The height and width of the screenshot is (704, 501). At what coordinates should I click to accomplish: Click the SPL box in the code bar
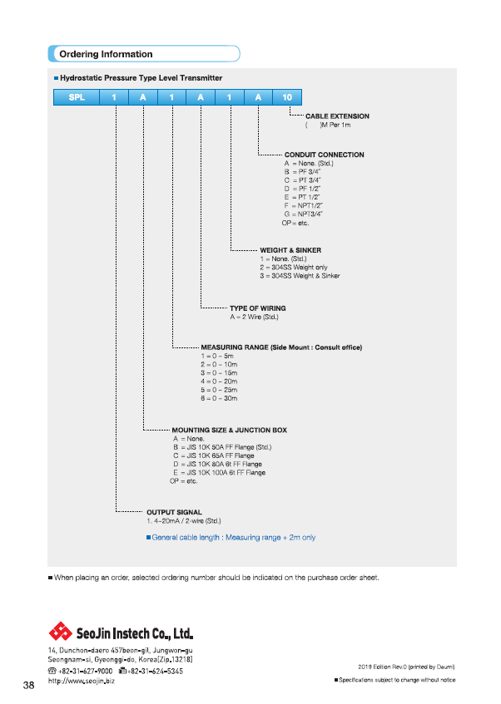pos(77,97)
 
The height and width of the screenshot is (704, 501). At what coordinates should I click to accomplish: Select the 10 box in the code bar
pos(287,97)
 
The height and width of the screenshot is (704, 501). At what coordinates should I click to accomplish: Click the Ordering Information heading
pos(107,54)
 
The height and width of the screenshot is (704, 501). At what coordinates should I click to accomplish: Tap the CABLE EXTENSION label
pos(337,116)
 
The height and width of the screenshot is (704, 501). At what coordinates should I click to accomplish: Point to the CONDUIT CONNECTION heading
pos(325,155)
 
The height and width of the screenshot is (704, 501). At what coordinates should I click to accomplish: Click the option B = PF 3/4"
pos(302,171)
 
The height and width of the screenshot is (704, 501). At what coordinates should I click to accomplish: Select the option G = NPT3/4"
pos(304,214)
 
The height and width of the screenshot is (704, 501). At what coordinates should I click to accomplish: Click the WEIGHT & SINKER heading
pos(290,250)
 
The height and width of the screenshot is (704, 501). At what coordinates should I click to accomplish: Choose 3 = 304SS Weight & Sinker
pos(300,276)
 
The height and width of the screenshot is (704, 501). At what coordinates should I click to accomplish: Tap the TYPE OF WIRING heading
pos(258,308)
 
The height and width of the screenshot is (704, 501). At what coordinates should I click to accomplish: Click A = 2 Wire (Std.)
pos(254,317)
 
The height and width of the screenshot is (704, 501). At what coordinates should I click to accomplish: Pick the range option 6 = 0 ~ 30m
pos(219,398)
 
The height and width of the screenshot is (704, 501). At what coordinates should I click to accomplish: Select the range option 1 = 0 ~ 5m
pos(217,356)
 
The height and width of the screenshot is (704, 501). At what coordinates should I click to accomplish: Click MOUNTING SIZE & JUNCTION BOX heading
pos(230,430)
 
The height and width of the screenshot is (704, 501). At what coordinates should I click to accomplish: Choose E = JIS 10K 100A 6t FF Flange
pos(220,472)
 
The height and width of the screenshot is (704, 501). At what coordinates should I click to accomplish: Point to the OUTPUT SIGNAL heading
pos(174,512)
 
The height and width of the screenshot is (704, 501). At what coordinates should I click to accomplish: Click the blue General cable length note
pos(231,538)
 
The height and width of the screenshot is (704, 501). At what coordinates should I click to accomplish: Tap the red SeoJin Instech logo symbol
pos(60,632)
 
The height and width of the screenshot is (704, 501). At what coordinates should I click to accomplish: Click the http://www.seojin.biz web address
pos(82,681)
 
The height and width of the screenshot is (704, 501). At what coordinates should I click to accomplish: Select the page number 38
pos(29,685)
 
